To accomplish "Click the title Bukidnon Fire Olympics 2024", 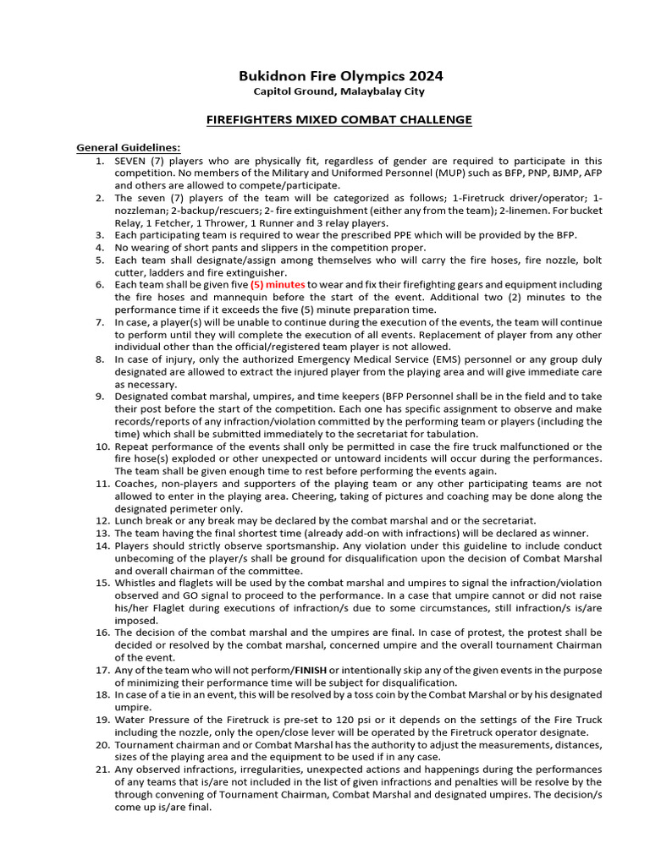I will point(339,76).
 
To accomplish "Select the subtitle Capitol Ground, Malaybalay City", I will point(339,91).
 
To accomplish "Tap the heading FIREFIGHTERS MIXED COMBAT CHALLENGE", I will point(339,120).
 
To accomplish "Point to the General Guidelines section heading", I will point(129,148).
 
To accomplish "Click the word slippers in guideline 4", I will point(259,248).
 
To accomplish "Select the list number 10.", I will point(100,447).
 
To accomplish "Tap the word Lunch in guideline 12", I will point(131,521).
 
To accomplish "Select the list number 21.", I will point(100,770).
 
